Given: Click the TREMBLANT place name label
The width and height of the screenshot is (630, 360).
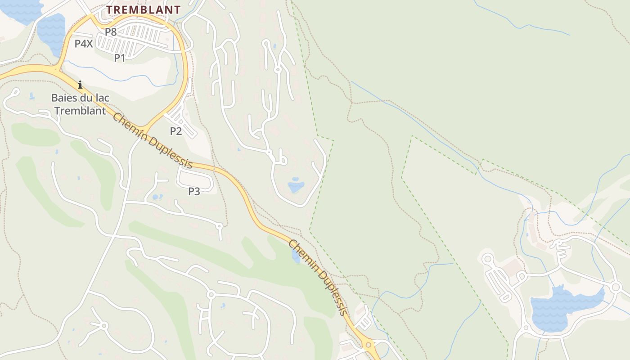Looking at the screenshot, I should pyautogui.click(x=144, y=9).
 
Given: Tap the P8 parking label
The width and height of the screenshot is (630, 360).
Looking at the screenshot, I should pyautogui.click(x=111, y=32).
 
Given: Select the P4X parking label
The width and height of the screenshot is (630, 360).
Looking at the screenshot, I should pyautogui.click(x=84, y=44).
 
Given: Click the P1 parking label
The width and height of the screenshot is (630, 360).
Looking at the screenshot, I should pyautogui.click(x=120, y=58).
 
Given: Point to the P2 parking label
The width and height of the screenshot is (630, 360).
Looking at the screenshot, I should pyautogui.click(x=175, y=131).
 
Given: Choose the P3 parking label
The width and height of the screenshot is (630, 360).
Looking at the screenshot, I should pyautogui.click(x=194, y=191).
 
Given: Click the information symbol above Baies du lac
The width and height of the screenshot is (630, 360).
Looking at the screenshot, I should pyautogui.click(x=80, y=85).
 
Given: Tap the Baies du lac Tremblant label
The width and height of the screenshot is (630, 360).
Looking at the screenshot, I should pyautogui.click(x=80, y=104).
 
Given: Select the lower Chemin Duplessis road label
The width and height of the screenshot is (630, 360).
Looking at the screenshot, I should pyautogui.click(x=318, y=277).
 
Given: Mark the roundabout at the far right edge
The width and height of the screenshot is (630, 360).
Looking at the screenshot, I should pyautogui.click(x=616, y=287).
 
